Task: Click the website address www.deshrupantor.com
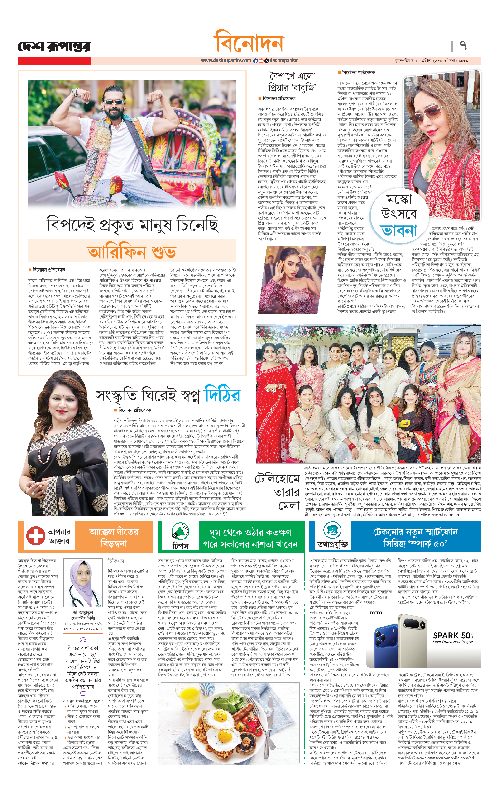226,61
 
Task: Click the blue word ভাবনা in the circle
399,231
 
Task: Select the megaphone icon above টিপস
180,531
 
